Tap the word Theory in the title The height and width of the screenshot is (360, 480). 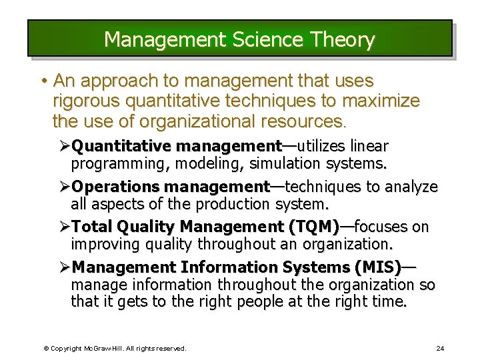(347, 40)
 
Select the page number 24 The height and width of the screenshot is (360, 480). (440, 348)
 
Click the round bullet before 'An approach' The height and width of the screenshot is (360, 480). (43, 81)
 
